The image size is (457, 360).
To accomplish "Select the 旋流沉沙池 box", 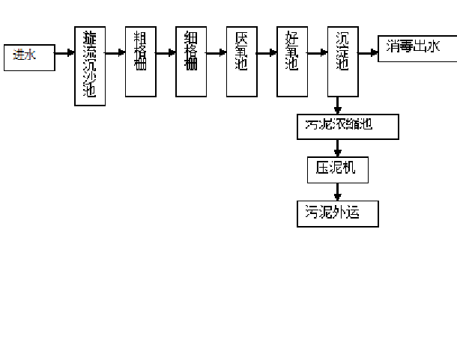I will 90,65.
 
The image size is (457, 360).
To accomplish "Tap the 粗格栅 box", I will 140,61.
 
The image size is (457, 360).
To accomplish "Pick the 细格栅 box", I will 191,61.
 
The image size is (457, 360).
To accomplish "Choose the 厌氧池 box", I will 241,61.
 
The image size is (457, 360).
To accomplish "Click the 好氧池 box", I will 292,61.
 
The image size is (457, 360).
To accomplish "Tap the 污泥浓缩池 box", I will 348,126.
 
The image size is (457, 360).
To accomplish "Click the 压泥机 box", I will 338,168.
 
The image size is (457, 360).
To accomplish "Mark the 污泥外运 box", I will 337,213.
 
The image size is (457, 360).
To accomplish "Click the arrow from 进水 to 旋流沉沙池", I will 64,54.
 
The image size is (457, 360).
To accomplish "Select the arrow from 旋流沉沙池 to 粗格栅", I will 115,53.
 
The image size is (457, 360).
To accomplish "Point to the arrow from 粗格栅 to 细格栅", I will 166,53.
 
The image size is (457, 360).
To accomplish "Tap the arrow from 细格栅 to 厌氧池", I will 217,53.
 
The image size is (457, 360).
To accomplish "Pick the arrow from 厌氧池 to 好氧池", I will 267,53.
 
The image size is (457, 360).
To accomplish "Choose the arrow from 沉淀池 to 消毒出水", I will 368,53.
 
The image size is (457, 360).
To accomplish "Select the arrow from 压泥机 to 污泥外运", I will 338,191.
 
